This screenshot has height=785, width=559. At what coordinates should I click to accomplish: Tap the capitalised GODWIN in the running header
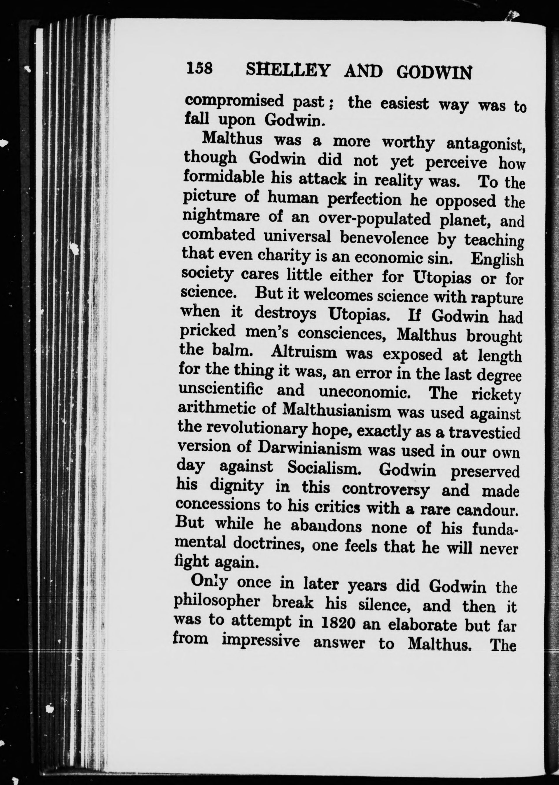pyautogui.click(x=433, y=73)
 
